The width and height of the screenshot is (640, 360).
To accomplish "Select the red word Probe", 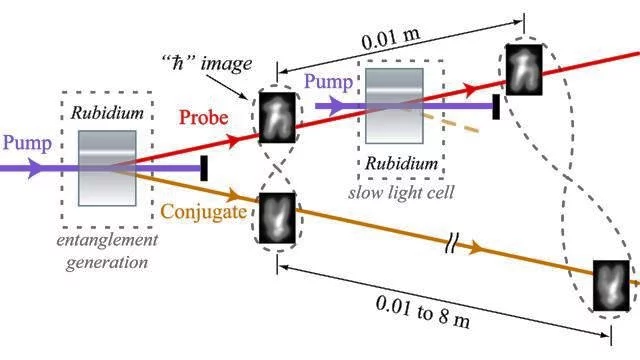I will tap(206, 118).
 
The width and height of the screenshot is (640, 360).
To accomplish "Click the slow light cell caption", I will tap(401, 191).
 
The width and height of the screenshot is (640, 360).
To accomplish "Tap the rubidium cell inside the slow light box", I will tap(400, 105).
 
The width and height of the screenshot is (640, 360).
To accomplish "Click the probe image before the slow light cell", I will tap(277, 116).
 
